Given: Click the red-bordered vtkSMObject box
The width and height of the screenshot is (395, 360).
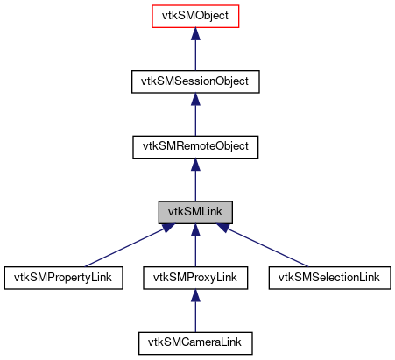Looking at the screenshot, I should [x=194, y=16].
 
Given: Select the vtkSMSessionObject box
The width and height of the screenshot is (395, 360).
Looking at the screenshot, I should [x=194, y=81].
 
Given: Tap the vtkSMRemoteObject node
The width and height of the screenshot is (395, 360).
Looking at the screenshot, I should [x=194, y=146].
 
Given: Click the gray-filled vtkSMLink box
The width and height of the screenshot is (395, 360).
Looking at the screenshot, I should [x=194, y=212].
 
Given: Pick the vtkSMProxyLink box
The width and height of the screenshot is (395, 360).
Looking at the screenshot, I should [x=194, y=278].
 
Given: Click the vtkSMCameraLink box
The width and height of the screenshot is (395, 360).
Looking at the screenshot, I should [x=194, y=342].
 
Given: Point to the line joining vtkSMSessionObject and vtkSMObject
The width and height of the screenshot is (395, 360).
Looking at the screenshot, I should [x=194, y=54].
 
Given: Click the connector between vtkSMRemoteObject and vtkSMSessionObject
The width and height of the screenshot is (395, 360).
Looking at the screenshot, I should [x=194, y=120].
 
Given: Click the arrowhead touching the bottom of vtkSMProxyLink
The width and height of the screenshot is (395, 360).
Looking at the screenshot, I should [x=194, y=295].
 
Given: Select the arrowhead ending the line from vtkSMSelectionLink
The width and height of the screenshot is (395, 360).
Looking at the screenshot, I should [x=226, y=228].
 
